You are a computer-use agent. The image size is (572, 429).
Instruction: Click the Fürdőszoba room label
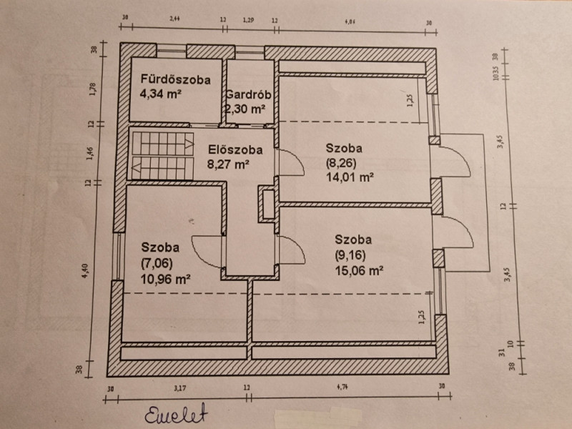[x=175, y=80]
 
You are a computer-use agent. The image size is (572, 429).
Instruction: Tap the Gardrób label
[x=247, y=95]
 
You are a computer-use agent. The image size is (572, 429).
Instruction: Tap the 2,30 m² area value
[x=245, y=109]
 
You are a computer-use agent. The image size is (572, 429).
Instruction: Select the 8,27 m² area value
[x=228, y=164]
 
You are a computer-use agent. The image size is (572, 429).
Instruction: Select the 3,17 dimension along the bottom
[x=180, y=389]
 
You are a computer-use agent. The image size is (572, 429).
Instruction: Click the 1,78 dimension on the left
[x=91, y=89]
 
